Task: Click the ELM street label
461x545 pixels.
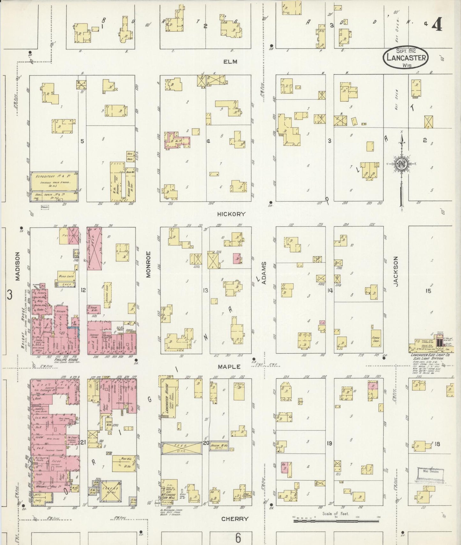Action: [230, 62]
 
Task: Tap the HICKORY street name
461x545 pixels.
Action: [231, 214]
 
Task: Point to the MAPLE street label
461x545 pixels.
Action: [229, 367]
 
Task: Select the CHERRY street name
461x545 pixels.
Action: [235, 519]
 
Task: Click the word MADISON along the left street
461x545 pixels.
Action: [18, 266]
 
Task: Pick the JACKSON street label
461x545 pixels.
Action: [396, 272]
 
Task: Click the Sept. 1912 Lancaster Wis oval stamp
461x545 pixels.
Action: [405, 57]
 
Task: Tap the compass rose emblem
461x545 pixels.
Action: [401, 164]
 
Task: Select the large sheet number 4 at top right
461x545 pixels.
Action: [437, 24]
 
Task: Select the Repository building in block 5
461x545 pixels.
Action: [54, 181]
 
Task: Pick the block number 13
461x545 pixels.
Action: [206, 291]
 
